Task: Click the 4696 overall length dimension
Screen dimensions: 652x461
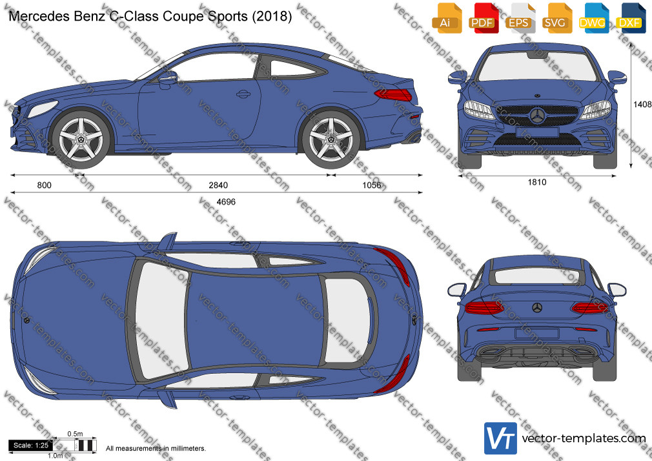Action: pos(226,202)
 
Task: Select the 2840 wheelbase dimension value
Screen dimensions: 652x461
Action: pos(218,185)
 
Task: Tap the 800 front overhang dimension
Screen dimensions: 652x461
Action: pos(45,185)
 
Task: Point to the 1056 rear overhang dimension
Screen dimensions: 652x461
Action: pos(372,185)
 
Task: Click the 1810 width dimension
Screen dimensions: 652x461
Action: pos(537,182)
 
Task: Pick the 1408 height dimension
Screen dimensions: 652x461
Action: pos(642,105)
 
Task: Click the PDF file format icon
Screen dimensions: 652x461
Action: pos(482,19)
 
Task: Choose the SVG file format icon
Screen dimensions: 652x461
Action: pos(555,19)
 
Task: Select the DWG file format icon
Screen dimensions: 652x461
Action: pos(592,19)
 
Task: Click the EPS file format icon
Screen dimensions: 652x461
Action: pos(518,19)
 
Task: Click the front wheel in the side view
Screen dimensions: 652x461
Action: pos(81,138)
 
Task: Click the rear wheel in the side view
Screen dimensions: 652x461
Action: pos(331,138)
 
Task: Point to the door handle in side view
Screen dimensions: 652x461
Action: pos(243,94)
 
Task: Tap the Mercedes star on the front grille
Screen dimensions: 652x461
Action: pos(537,116)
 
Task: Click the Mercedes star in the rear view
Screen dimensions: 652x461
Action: pos(537,308)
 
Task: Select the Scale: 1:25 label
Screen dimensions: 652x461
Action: pos(31,446)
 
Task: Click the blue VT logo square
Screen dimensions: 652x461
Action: pos(501,438)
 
